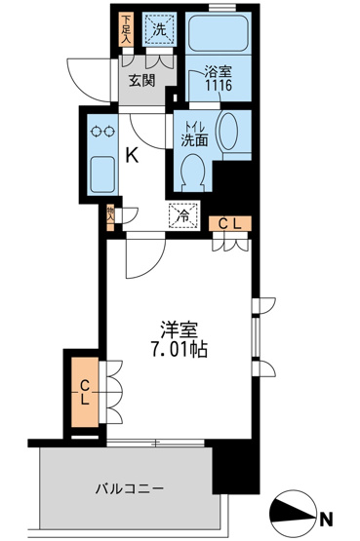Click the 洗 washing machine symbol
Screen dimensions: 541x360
[157, 29]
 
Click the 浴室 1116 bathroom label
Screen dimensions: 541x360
[219, 78]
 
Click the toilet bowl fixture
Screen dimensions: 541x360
[192, 172]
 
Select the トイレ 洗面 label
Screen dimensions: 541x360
[193, 133]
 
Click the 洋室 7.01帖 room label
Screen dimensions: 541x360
[176, 337]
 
